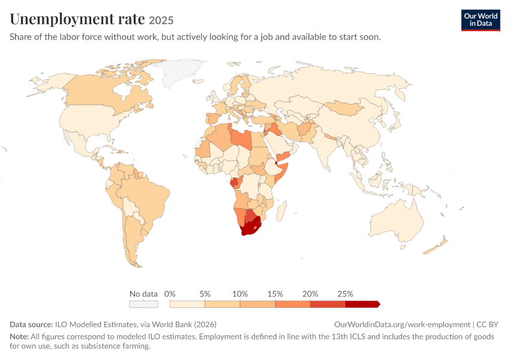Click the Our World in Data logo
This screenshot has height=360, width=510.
coord(481,20)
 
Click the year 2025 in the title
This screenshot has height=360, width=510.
coord(161,20)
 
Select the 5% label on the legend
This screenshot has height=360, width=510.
coord(205,294)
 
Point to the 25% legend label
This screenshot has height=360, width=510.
coord(345,294)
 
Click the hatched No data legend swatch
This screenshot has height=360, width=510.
coord(143,304)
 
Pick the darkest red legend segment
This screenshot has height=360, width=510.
coord(362,304)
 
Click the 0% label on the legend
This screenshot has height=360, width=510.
coord(170,294)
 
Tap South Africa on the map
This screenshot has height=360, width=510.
coord(250,227)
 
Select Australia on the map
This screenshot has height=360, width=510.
coord(397,222)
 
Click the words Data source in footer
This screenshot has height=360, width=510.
coord(31,324)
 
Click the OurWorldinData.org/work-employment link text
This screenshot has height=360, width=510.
coord(402,324)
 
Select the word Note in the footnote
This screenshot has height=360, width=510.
coord(19,336)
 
